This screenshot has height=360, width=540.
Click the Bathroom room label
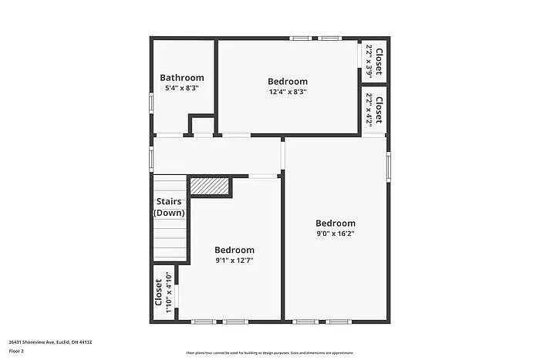coord(182,78)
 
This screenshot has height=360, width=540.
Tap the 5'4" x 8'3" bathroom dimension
coord(182,88)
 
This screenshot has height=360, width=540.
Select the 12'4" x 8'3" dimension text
coord(288,92)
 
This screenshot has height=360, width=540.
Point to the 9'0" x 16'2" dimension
coord(336,234)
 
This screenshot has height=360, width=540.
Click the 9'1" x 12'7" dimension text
coord(235,261)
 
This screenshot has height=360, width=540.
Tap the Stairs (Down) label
coord(169,207)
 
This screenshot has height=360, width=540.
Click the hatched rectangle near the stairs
coord(210,187)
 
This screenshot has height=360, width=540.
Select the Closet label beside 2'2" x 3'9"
coord(380,60)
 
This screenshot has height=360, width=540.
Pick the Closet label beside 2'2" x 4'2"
coord(380,109)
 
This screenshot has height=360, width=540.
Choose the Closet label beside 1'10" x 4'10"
coord(158,293)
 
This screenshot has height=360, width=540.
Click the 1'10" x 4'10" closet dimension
coord(168,293)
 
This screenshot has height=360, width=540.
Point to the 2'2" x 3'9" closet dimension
coord(370,60)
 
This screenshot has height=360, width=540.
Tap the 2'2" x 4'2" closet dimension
coord(370,109)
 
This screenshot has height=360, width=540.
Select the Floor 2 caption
coord(17,351)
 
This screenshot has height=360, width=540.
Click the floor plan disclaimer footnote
coord(269,351)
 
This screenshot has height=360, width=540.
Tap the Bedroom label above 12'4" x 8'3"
coord(288,82)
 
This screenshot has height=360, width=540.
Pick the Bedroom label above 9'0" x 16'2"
coord(336,224)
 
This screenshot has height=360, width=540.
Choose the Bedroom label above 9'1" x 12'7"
coord(235,250)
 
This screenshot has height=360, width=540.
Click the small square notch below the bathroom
coord(202,126)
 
